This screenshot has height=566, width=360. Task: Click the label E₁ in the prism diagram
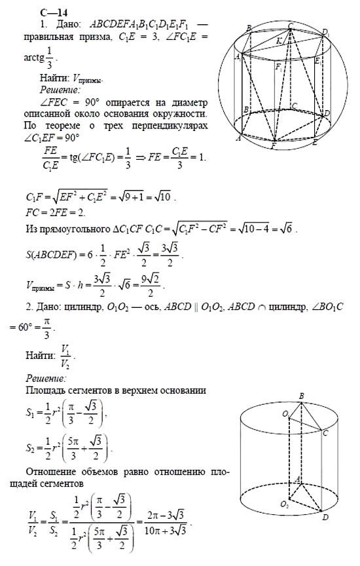[317, 60]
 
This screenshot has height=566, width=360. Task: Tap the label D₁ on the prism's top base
[325, 31]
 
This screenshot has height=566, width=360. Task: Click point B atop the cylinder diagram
[301, 396]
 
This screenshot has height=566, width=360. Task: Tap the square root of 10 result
[171, 197]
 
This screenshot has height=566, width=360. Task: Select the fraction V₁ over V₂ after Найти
[67, 354]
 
